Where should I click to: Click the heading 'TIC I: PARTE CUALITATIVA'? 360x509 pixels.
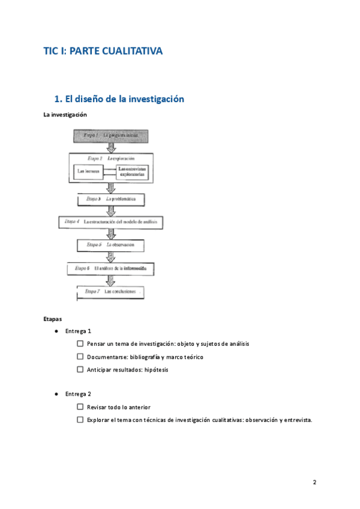(103, 52)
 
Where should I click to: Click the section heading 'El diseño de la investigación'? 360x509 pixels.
(119, 99)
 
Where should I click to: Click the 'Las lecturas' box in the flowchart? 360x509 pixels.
(88, 171)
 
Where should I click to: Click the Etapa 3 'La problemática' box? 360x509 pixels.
(111, 199)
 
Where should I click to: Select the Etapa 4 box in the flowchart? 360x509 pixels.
(111, 221)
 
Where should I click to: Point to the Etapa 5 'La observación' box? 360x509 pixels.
(111, 245)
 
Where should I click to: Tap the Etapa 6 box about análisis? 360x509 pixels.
(111, 268)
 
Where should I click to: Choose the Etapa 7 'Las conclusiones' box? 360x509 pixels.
(111, 292)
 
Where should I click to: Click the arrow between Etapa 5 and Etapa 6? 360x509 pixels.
(111, 256)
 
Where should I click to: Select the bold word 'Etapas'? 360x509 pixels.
(53, 319)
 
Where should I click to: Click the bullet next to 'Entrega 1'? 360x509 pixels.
(55, 331)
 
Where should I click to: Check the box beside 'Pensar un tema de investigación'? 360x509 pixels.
(80, 344)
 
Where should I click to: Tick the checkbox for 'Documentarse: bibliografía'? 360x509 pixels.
(80, 357)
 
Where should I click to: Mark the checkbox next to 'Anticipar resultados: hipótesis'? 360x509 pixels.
(80, 370)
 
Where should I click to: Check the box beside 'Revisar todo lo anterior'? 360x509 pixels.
(80, 407)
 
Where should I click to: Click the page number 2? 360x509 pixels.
(314, 483)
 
